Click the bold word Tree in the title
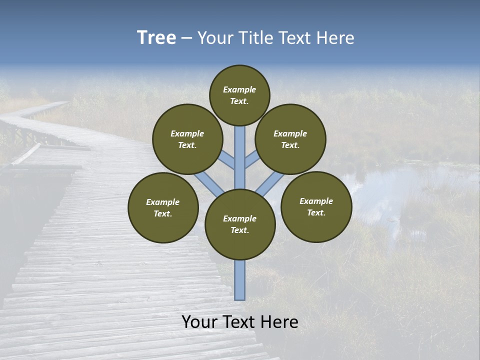click(x=156, y=38)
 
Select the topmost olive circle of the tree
click(x=239, y=95)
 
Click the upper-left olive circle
click(x=187, y=139)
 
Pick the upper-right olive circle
click(x=290, y=139)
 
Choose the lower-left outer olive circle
click(x=163, y=207)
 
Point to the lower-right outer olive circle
click(x=316, y=206)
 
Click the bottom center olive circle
click(x=240, y=224)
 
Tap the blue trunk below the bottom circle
click(x=240, y=280)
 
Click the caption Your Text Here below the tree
click(x=240, y=322)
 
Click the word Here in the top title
click(x=336, y=38)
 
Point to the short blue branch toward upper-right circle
click(x=252, y=160)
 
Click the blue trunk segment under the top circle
click(x=240, y=150)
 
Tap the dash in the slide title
click(x=186, y=38)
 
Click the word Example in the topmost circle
click(x=239, y=89)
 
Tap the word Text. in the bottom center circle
click(x=239, y=230)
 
